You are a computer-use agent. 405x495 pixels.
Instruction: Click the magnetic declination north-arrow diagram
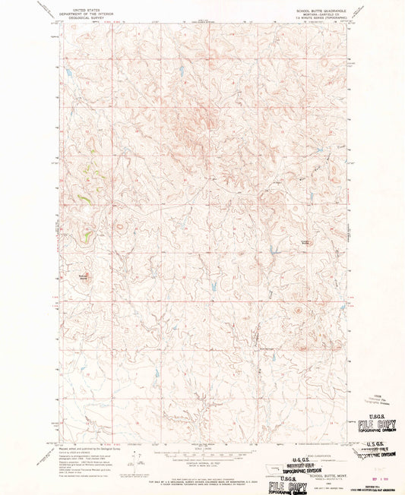click(x=135, y=460)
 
